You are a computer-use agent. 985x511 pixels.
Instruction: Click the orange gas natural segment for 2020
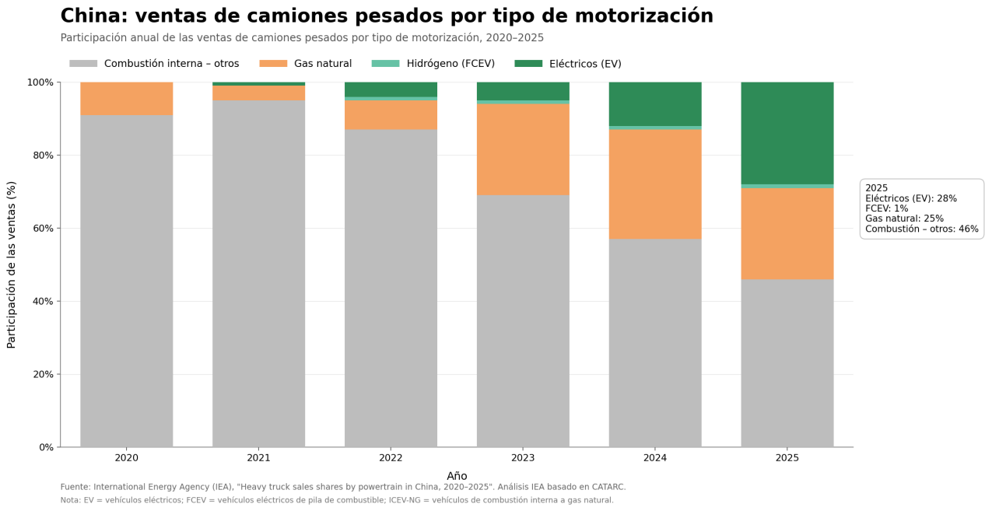click(127, 99)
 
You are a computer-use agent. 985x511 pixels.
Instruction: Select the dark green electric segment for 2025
click(787, 133)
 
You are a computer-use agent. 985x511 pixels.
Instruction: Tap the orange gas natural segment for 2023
click(523, 149)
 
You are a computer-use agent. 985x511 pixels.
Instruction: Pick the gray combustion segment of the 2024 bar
click(655, 343)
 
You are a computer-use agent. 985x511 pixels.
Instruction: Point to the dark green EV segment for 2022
click(391, 89)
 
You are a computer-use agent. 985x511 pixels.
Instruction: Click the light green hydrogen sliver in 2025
click(787, 186)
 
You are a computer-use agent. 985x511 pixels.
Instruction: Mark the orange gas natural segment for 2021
click(258, 93)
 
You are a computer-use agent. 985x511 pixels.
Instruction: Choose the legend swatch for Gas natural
click(273, 64)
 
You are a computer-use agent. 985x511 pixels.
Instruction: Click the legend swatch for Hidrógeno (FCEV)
click(386, 64)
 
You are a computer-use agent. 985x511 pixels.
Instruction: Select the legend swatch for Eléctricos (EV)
click(528, 64)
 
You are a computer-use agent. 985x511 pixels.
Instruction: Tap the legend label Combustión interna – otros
click(171, 64)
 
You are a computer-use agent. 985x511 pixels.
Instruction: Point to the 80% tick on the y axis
click(58, 156)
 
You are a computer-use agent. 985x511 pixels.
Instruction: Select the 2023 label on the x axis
click(523, 458)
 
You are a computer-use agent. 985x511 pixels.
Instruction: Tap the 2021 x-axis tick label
click(258, 458)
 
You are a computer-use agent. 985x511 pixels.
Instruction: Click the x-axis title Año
click(457, 476)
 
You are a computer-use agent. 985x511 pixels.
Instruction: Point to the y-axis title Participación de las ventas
click(11, 264)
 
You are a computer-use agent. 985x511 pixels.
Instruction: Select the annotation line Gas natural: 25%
click(905, 219)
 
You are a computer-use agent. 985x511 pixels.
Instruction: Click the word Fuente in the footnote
click(75, 487)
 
